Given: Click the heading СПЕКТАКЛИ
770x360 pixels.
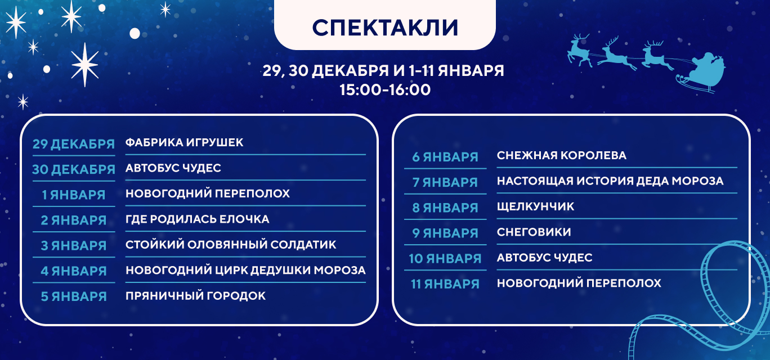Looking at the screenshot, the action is tap(385, 28).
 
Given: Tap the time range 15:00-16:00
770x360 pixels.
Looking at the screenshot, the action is tap(385, 90).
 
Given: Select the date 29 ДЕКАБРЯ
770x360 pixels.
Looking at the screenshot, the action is tap(74, 144).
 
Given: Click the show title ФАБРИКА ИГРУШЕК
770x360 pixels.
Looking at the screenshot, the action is tap(184, 142).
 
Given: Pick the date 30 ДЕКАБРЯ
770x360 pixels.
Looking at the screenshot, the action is tap(74, 169).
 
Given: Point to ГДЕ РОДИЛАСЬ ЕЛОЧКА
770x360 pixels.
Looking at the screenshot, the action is tap(198, 219).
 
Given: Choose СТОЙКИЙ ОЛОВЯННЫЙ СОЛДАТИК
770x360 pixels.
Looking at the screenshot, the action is tap(231, 245).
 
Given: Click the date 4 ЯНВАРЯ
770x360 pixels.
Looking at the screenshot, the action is tap(74, 271).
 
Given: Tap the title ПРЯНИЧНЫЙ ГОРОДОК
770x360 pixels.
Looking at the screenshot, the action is tap(195, 296).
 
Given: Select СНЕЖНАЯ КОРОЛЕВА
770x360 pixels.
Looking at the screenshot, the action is tap(562, 155).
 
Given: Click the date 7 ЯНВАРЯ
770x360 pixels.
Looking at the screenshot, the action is tap(445, 182).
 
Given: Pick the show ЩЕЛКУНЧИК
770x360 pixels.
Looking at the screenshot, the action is tap(535, 206).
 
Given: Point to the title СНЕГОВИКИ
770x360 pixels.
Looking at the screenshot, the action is tap(534, 232).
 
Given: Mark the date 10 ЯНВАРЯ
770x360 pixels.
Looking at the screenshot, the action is tap(445, 259).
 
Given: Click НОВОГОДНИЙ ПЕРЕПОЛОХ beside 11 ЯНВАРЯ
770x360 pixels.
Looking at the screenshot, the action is tap(579, 283).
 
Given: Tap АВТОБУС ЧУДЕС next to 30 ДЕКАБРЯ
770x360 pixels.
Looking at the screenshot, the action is tap(173, 168).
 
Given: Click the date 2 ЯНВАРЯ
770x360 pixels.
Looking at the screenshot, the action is tap(74, 220).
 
